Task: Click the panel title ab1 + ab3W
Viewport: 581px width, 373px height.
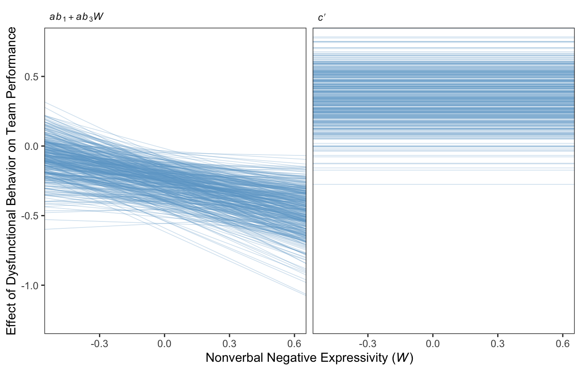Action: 76,18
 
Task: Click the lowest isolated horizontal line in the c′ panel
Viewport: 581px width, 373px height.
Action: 444,184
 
